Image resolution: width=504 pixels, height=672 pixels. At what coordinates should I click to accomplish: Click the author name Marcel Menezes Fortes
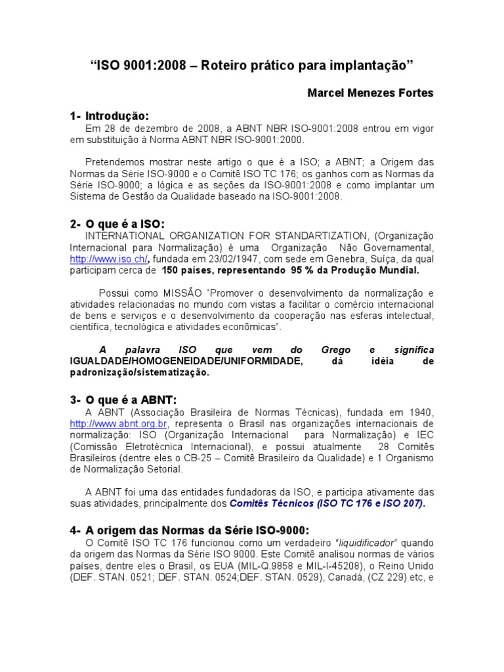point(370,93)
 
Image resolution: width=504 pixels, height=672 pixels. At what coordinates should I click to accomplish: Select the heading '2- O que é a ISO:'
point(117,224)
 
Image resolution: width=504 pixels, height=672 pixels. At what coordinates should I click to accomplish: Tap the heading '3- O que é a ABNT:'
point(123,400)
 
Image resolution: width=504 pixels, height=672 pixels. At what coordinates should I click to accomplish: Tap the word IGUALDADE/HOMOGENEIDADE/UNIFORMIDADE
point(186,362)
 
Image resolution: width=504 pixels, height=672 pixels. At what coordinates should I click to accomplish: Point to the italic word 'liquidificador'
point(368,543)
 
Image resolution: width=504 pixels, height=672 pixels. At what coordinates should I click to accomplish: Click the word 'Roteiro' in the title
point(222,66)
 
